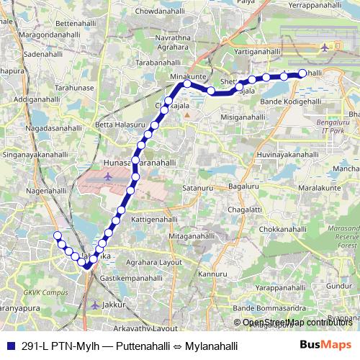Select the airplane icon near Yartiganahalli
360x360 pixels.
[x=324, y=48]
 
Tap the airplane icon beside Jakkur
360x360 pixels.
[x=95, y=305]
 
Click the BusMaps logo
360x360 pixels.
[x=326, y=344]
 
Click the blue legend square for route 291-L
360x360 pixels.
[x=7, y=346]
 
